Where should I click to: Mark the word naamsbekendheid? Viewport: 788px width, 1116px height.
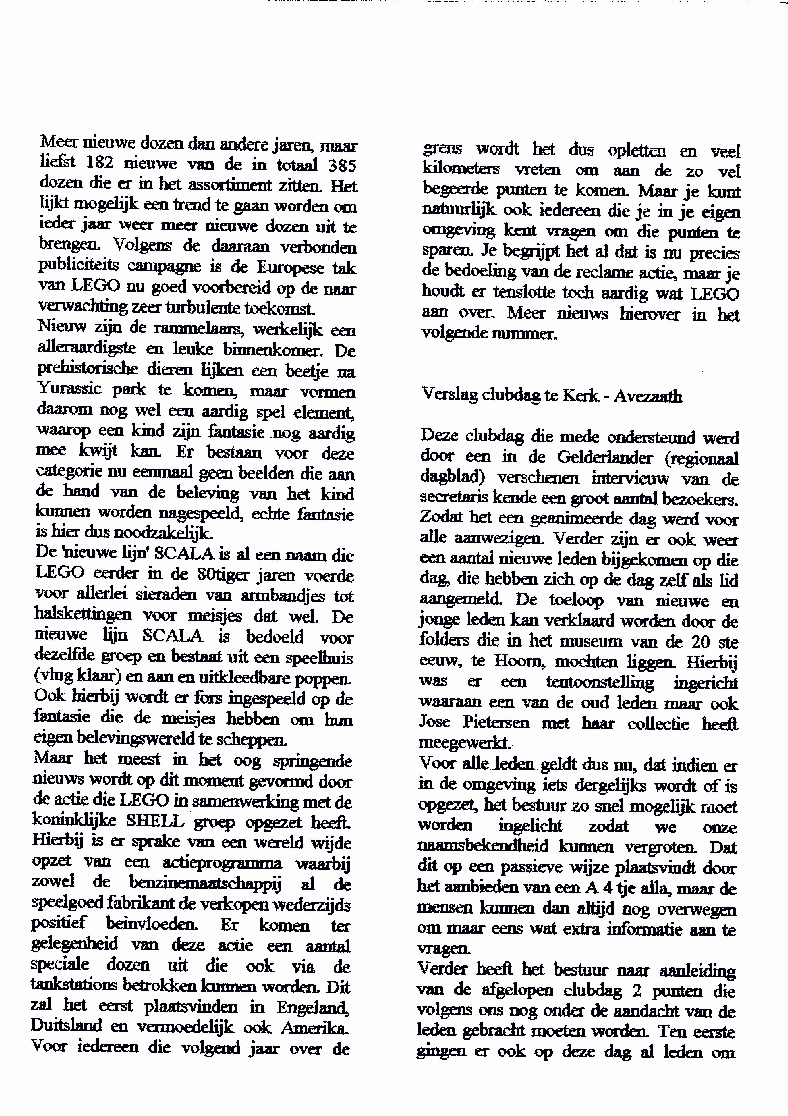click(x=483, y=846)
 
